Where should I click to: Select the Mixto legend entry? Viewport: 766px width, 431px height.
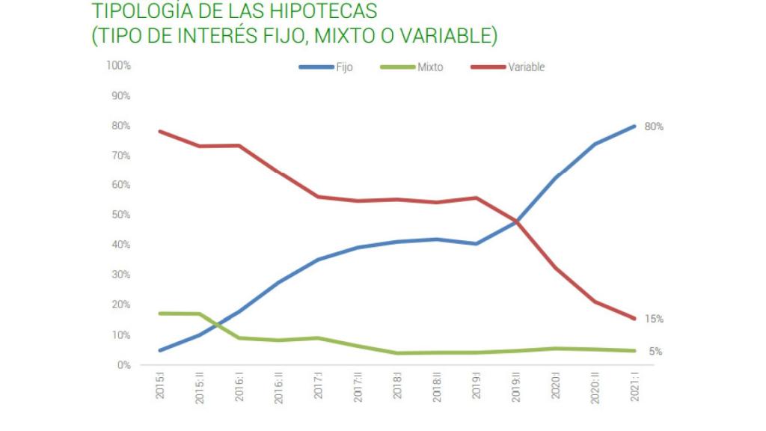click(412, 67)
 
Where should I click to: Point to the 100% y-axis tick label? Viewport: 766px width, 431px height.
click(119, 66)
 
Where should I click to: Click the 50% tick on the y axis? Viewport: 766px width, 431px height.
click(121, 215)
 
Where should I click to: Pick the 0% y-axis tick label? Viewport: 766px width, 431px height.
click(124, 365)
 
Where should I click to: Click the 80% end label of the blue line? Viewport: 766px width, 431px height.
click(654, 126)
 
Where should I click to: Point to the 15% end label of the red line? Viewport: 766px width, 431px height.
click(654, 319)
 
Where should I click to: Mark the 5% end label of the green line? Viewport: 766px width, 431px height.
click(655, 352)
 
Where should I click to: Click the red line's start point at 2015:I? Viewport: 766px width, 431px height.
click(160, 132)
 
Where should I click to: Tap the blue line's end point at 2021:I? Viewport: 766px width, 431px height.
click(635, 126)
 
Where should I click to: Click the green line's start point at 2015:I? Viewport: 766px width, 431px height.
click(160, 314)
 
